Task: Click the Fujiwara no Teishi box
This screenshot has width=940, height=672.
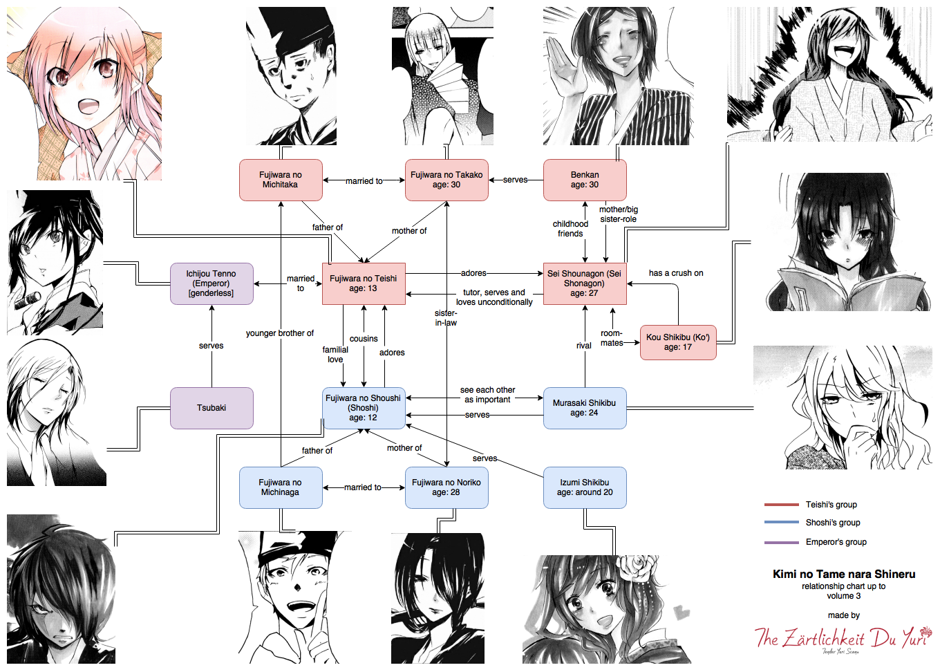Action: [364, 283]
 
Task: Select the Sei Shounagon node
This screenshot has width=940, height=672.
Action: [585, 283]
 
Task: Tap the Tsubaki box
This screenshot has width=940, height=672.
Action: [211, 408]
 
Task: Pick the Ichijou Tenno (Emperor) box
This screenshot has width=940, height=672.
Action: [211, 283]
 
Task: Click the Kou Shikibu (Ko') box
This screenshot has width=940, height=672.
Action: [678, 342]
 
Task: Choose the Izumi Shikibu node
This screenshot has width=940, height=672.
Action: [585, 487]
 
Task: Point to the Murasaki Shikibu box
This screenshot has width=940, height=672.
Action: [585, 408]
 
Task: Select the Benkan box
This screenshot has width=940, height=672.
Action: [585, 180]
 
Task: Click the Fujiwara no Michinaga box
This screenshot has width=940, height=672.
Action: [281, 487]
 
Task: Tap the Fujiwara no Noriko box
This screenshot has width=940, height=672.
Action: [446, 487]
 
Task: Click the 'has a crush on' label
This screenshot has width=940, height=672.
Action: [676, 273]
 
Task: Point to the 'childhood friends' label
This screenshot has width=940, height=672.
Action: [570, 229]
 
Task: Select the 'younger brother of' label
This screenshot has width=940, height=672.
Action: [280, 333]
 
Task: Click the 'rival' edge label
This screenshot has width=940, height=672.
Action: [584, 346]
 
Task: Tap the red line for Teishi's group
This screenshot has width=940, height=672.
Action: [782, 505]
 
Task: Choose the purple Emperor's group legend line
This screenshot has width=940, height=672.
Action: [782, 543]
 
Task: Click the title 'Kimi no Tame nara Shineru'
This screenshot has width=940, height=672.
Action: [844, 575]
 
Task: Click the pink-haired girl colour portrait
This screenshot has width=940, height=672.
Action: [84, 94]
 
